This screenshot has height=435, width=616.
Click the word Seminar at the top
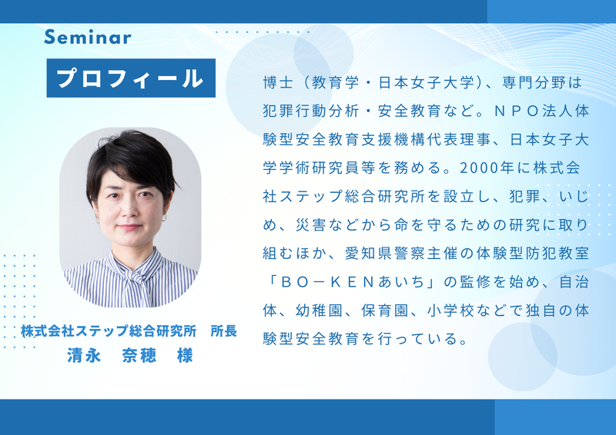tap(88, 37)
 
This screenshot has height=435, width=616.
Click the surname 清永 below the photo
tap(81, 356)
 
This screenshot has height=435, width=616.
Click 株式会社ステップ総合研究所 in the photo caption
tap(109, 333)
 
